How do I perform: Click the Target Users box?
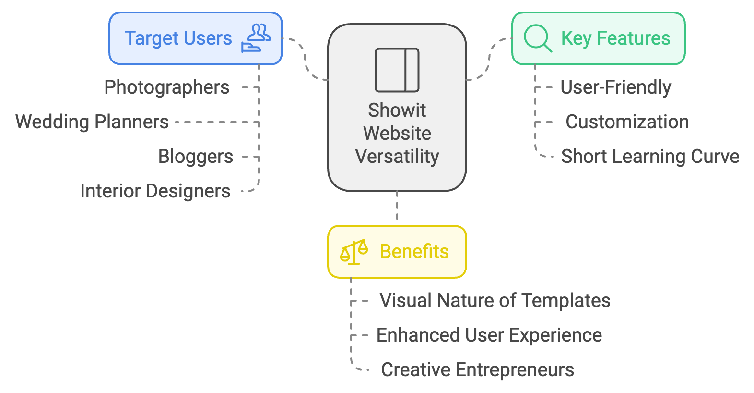[195, 38]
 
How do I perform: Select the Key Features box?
[598, 38]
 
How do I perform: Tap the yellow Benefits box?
[397, 252]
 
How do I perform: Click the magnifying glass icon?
[537, 38]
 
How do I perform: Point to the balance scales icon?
[354, 252]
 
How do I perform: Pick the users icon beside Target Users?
[256, 38]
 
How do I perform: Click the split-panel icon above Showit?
[397, 70]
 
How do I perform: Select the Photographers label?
[167, 87]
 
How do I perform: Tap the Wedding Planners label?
[92, 122]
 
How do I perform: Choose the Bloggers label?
[196, 157]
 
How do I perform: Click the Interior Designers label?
[155, 191]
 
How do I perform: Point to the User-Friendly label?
[615, 87]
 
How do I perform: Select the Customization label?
[627, 122]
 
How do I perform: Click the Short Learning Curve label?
[650, 157]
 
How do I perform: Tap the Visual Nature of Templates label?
[495, 301]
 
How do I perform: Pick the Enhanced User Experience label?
[489, 335]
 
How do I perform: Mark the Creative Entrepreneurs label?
[477, 370]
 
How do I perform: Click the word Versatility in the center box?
[397, 157]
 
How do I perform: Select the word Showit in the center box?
[397, 111]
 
